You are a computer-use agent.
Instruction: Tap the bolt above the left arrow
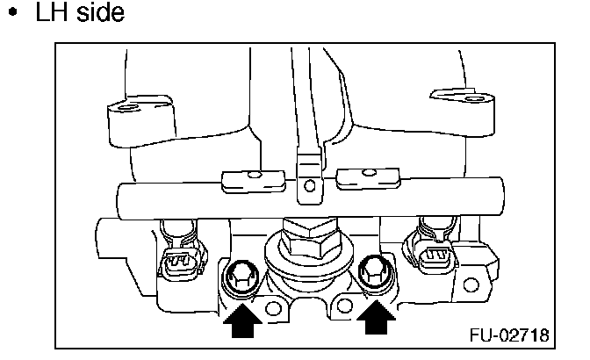240,278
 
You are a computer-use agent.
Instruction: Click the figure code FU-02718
508,335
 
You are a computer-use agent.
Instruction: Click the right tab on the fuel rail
362,179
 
